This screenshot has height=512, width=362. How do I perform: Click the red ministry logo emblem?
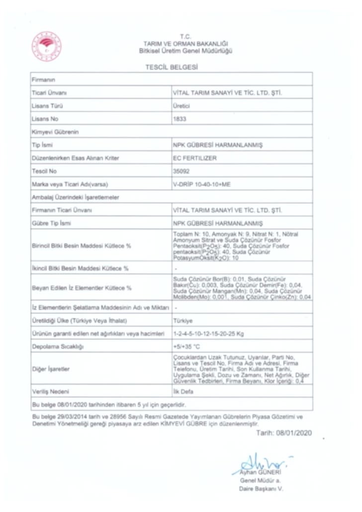tap(47, 46)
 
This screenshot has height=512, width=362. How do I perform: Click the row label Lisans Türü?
tap(47, 106)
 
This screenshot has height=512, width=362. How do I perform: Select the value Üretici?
tap(181, 106)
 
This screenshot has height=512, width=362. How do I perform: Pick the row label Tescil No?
tap(44, 171)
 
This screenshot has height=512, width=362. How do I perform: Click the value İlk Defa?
tap(182, 391)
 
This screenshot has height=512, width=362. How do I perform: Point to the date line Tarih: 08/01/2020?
tap(283, 433)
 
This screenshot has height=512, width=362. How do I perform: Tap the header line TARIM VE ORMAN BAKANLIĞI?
tap(185, 44)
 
